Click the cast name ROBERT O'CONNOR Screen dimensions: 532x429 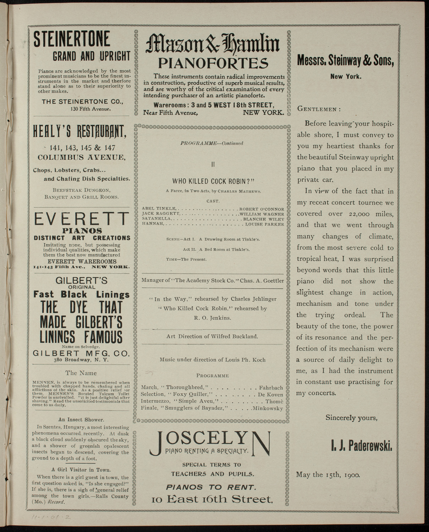262,209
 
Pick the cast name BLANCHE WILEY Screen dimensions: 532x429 264,219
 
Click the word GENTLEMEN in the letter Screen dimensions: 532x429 318,109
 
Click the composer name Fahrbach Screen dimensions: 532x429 271,387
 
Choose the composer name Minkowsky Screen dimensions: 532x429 268,409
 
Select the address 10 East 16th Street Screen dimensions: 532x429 212,499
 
